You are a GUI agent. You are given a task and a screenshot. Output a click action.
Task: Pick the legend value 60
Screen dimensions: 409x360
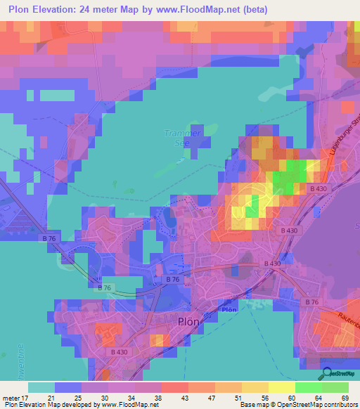[291, 398]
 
